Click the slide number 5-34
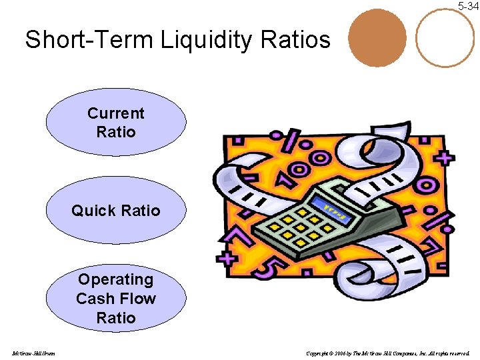pos(467,6)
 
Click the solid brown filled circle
pos(377,37)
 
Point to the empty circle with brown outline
pos(445,37)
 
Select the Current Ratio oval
pos(116,123)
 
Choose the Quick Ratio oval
pos(116,211)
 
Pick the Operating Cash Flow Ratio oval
pos(116,298)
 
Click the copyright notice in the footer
pos(387,353)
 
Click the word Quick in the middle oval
pos(92,211)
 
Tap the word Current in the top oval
pos(116,113)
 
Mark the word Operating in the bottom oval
pos(116,279)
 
